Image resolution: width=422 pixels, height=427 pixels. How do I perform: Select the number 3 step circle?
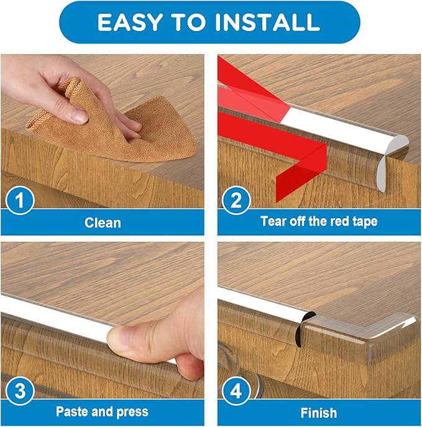click(21, 392)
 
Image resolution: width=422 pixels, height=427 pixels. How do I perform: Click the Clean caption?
click(103, 222)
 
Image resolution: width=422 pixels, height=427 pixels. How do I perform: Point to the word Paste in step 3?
click(71, 411)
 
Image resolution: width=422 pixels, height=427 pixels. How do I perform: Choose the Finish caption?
click(319, 412)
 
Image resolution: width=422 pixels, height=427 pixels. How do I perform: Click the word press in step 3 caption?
click(132, 412)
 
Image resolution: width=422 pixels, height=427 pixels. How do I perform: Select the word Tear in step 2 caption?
click(273, 221)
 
